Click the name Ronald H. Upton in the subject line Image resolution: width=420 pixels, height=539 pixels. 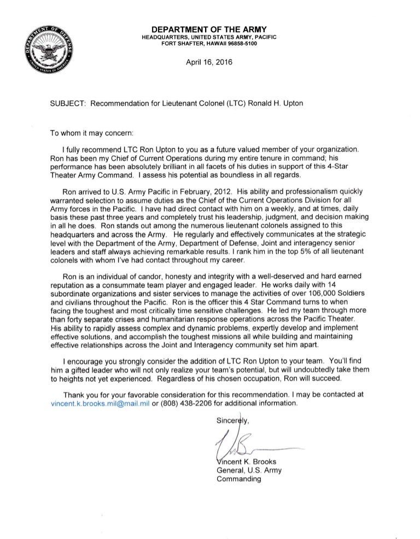click(x=285, y=103)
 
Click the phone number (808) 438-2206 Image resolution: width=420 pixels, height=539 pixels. click(x=186, y=403)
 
